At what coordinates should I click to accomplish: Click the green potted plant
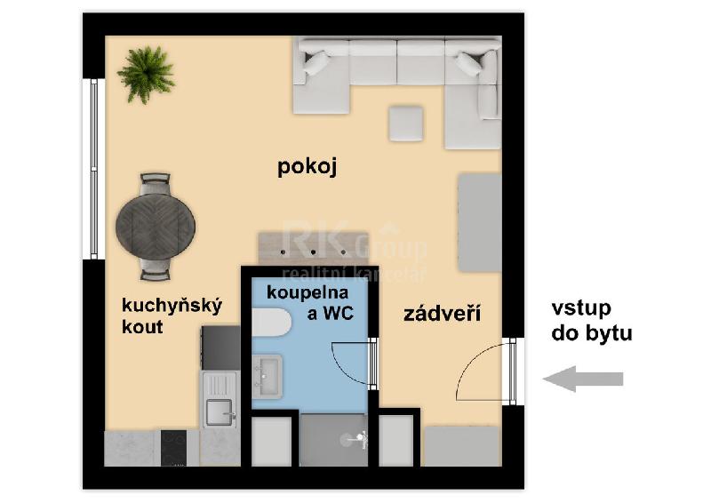[x=146, y=74]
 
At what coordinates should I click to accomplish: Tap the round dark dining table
[x=156, y=227]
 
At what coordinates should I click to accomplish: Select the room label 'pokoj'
[x=307, y=166]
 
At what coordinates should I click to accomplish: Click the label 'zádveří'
[x=442, y=314]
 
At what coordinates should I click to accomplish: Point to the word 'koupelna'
[x=308, y=293]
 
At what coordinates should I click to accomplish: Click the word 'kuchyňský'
[x=172, y=306]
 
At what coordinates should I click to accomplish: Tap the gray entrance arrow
[x=583, y=379]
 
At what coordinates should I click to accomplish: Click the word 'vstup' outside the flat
[x=581, y=308]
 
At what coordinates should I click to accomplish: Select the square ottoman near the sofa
[x=406, y=124]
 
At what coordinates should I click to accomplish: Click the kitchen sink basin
[x=219, y=411]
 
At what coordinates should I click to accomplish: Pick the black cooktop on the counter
[x=173, y=448]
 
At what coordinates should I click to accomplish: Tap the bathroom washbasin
[x=268, y=377]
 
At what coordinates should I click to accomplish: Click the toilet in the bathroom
[x=271, y=323]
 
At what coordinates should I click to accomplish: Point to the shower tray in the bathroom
[x=333, y=440]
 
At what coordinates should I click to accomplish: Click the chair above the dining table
[x=155, y=184]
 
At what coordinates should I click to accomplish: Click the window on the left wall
[x=94, y=169]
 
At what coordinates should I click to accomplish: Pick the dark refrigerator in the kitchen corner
[x=220, y=347]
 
